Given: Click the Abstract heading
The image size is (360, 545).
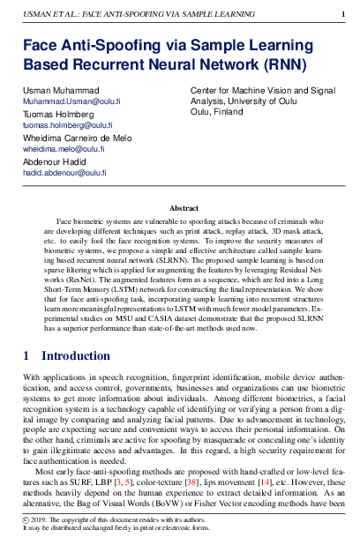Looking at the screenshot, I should point(184,208).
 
